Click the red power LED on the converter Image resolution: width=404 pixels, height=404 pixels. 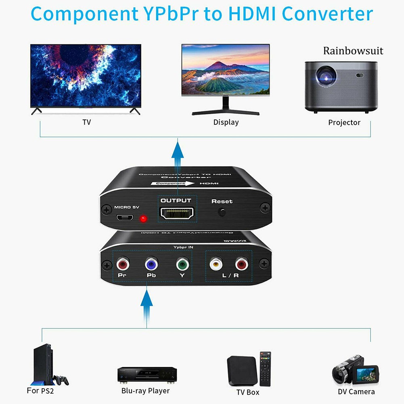tap(142, 219)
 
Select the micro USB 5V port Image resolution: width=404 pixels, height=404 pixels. tap(126, 218)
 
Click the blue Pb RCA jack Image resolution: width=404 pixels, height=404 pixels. tap(151, 264)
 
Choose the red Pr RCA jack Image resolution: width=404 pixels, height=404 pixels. tap(122, 265)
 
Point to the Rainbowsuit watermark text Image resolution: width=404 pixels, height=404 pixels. tap(353, 51)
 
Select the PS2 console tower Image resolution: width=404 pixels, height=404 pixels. tap(42, 364)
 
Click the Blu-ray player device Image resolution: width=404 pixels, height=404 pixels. tap(147, 374)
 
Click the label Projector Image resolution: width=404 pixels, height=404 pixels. tap(344, 122)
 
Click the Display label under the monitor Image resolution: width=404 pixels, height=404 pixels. tap(226, 122)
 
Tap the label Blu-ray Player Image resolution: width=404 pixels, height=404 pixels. tap(145, 391)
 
